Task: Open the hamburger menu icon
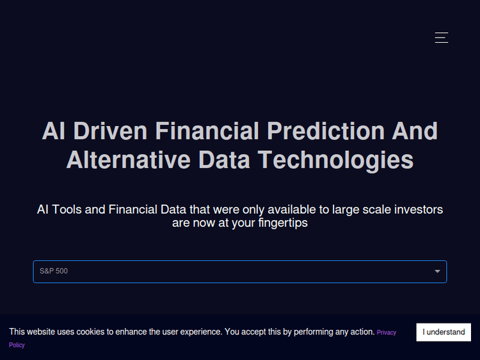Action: (442, 37)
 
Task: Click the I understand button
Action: (444, 332)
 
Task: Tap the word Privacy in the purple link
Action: (387, 333)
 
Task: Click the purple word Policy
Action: (17, 345)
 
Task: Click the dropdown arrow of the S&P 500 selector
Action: (438, 272)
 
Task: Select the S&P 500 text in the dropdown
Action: (54, 272)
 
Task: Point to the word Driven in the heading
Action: (111, 131)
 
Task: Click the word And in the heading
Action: (415, 131)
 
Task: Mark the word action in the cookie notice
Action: (360, 332)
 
